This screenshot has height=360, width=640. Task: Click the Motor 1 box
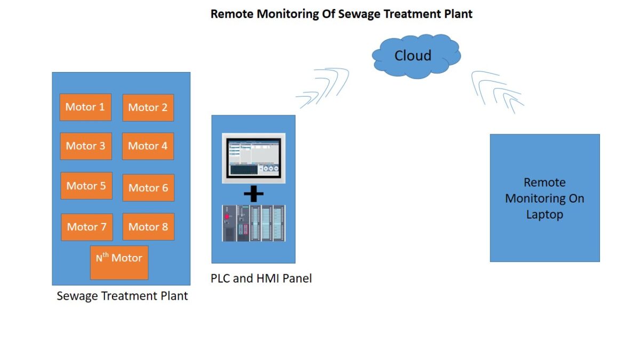point(85,107)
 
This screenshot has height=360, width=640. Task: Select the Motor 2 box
point(148,108)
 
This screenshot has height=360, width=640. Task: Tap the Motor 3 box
point(85,146)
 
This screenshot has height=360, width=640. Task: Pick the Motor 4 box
point(148,146)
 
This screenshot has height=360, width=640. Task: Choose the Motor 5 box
point(86,186)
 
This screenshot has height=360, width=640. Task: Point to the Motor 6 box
point(148,188)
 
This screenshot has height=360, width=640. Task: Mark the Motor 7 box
point(86,227)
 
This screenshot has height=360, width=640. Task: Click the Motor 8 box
point(148,227)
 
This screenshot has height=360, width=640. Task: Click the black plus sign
point(253,195)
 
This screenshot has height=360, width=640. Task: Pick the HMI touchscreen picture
point(253,158)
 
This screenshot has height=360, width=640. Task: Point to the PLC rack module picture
point(253,223)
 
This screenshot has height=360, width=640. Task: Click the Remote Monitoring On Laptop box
point(545,198)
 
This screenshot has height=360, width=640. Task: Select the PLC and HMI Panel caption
point(261,278)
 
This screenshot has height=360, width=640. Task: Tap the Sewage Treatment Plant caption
point(122,295)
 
